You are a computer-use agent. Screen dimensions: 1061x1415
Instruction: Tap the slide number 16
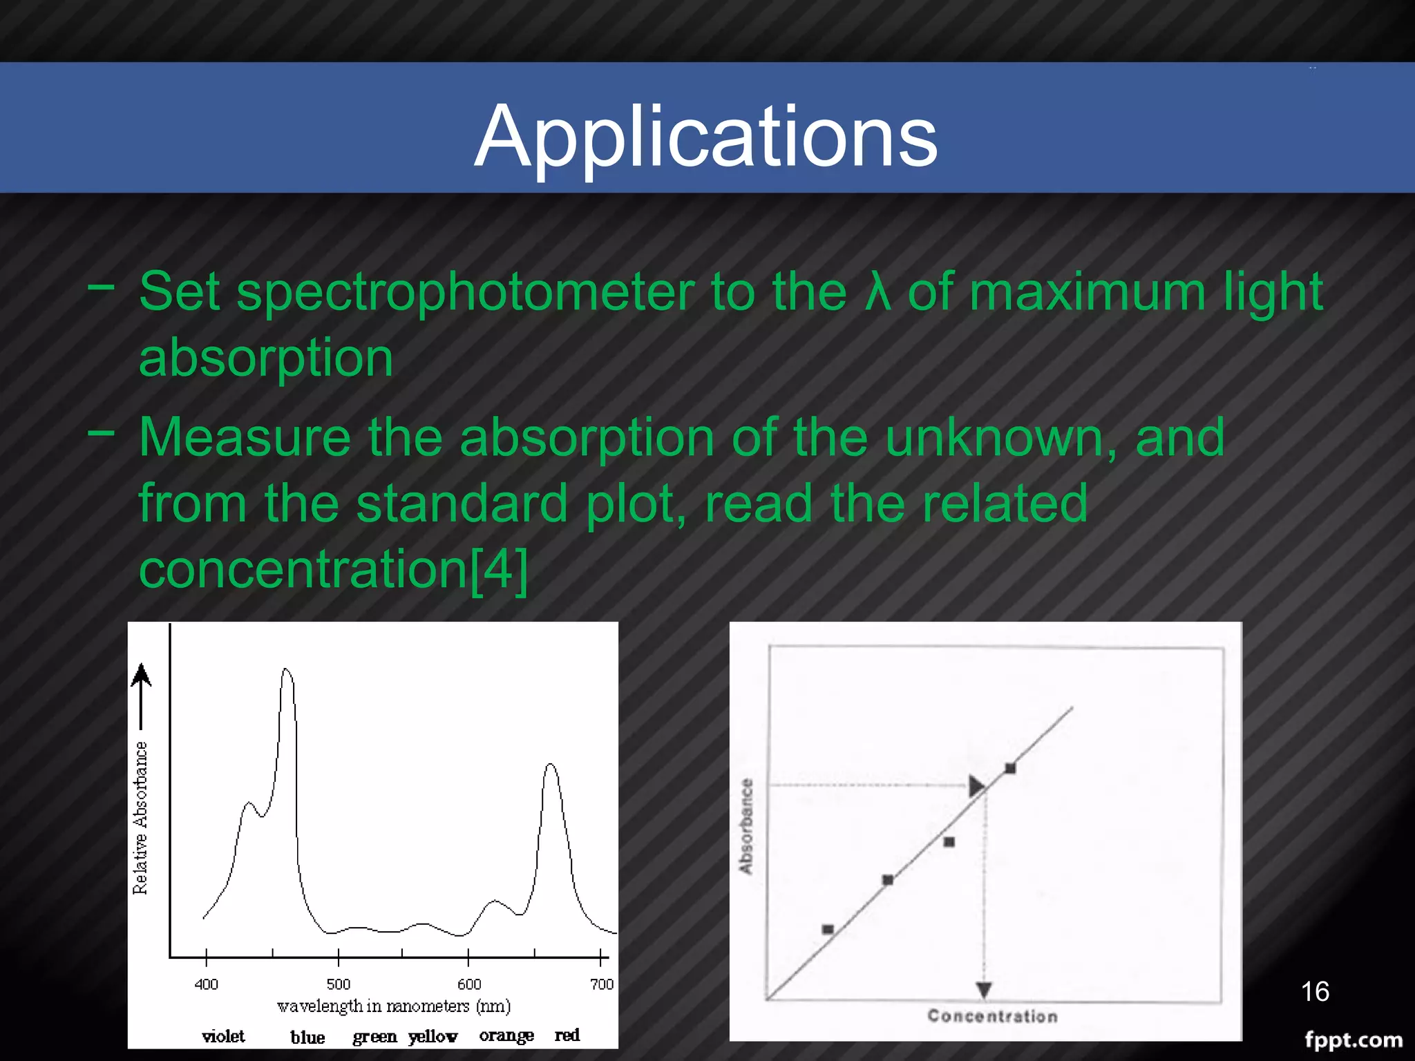[x=1315, y=991]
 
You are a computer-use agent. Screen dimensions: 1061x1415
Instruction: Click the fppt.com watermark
[x=1353, y=1040]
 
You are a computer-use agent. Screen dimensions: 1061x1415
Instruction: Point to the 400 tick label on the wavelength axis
[x=206, y=984]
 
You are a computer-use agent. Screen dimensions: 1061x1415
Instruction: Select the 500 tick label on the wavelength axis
[x=338, y=984]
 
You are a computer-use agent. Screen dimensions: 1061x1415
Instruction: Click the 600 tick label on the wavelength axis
[x=469, y=984]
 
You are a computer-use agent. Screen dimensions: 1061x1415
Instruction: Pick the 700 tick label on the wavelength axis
[x=602, y=984]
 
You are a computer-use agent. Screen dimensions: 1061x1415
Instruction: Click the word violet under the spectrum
[x=223, y=1035]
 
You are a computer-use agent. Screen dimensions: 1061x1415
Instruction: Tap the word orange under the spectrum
[x=506, y=1035]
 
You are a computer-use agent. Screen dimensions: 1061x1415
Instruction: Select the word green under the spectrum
[x=374, y=1037]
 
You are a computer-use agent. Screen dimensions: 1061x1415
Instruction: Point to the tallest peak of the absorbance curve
[x=286, y=669]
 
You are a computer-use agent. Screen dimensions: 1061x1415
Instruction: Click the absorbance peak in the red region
[x=550, y=765]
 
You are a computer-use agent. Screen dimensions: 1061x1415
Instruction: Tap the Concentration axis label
[x=992, y=1016]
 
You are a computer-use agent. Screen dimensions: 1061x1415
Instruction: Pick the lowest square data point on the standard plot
[x=828, y=929]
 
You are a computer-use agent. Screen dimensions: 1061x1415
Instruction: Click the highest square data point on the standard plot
[x=1010, y=768]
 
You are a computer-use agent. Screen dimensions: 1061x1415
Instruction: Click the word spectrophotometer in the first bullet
[x=466, y=292]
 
